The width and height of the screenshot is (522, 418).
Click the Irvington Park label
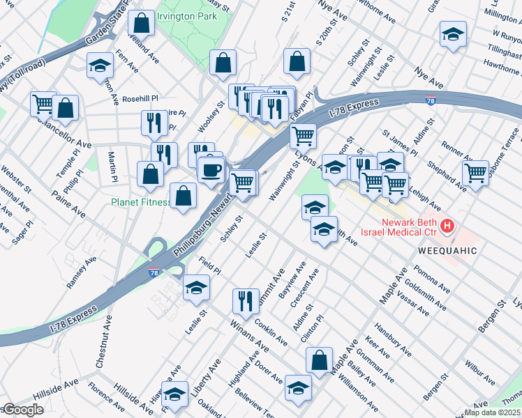click(x=186, y=15)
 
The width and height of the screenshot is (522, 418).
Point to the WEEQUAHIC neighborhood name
click(x=447, y=250)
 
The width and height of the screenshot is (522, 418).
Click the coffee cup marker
click(x=210, y=169)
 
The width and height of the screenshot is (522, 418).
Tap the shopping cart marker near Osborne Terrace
click(x=475, y=172)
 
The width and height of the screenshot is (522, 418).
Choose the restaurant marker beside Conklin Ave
click(x=244, y=301)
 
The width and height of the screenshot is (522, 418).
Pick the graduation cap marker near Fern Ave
click(x=100, y=66)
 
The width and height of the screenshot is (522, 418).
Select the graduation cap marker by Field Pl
click(x=196, y=287)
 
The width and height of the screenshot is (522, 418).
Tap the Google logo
click(x=22, y=410)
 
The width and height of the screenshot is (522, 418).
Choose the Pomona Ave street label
click(x=431, y=275)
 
